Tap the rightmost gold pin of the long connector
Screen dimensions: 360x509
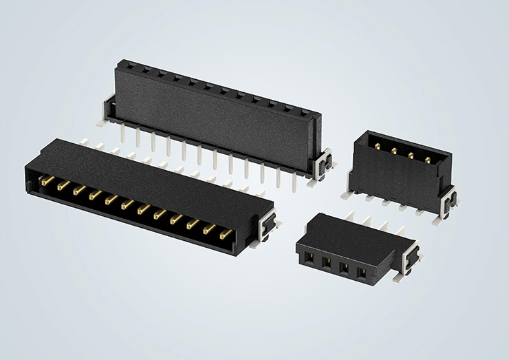tap(225, 234)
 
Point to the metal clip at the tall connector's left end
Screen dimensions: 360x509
tap(108, 108)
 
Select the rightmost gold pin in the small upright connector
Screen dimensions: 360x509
tap(426, 160)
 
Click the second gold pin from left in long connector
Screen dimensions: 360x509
tap(61, 187)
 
